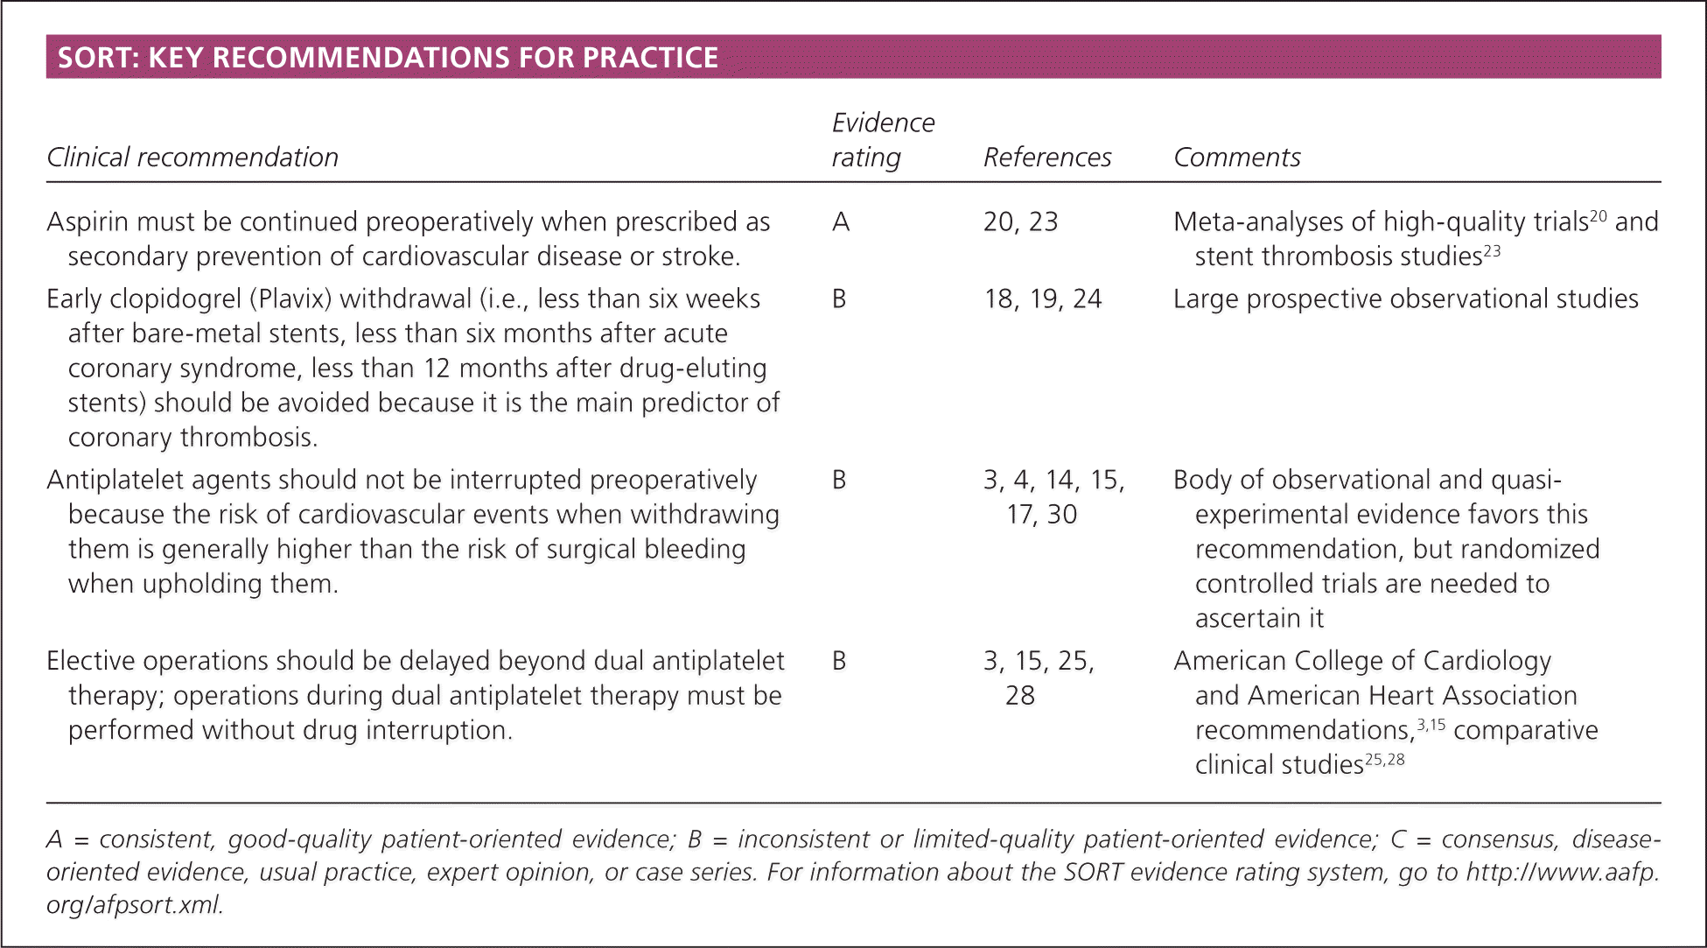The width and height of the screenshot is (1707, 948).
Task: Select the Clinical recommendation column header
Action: (192, 158)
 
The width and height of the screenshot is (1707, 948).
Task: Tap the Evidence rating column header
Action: (882, 140)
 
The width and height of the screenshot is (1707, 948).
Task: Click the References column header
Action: (1046, 158)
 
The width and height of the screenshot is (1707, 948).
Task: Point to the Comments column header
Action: (1236, 158)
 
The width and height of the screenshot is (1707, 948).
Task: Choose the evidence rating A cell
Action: (841, 222)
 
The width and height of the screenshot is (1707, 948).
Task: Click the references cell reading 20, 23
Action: (1020, 222)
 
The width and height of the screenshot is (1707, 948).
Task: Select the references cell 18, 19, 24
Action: (1042, 299)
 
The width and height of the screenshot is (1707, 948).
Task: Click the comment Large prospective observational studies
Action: (1405, 299)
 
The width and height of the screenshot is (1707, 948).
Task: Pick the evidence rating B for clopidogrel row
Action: (839, 299)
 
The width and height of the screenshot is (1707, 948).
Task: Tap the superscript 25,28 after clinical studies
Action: (1384, 759)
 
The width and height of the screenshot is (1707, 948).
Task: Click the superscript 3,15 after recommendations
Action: (1431, 725)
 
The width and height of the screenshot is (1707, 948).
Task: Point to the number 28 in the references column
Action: (1020, 696)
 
